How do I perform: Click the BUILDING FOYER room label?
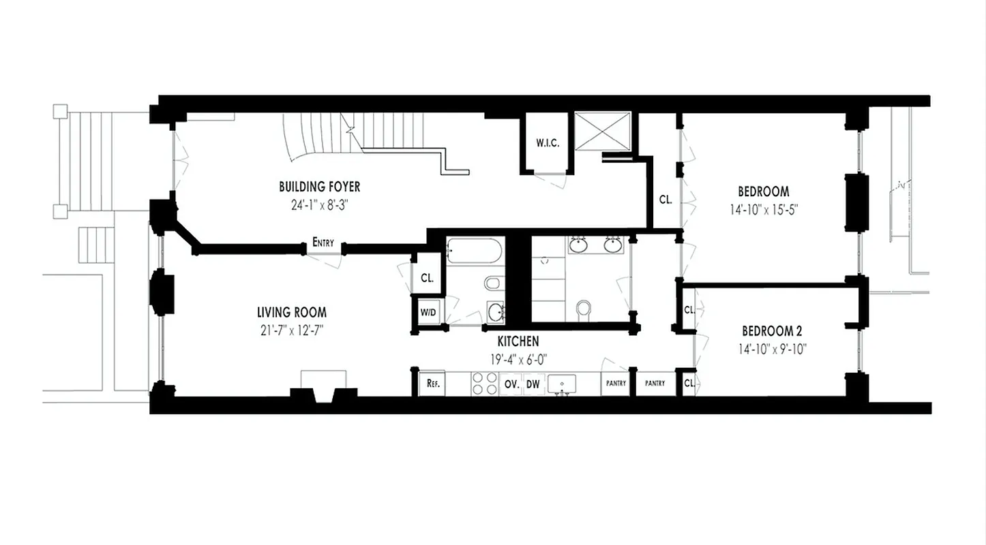click(x=319, y=187)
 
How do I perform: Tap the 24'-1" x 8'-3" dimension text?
click(x=319, y=203)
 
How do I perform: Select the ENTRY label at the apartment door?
click(x=323, y=242)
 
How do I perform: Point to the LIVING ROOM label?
click(x=291, y=313)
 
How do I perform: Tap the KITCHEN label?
click(x=518, y=341)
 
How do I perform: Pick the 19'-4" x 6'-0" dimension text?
click(x=518, y=358)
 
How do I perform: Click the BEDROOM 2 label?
click(x=772, y=332)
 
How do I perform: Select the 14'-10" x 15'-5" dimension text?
click(x=763, y=209)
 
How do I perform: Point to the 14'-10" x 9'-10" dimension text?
click(x=772, y=350)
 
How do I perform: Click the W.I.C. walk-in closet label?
click(x=547, y=143)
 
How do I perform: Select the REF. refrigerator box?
click(x=432, y=384)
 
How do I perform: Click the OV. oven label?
click(x=511, y=384)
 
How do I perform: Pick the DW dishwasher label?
click(x=533, y=384)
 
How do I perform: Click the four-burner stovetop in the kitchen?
click(x=485, y=383)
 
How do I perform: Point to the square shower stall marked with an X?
click(x=603, y=130)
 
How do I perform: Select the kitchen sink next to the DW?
click(x=562, y=384)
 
